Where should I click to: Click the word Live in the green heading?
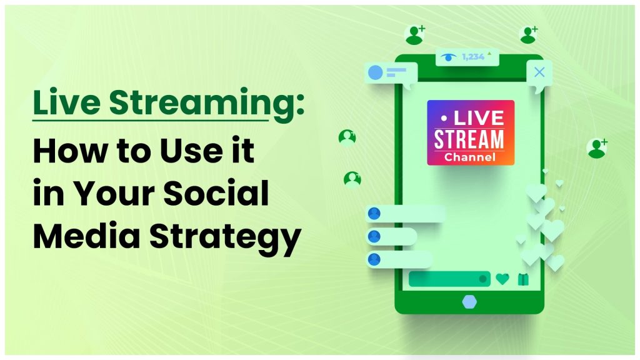pos(65,104)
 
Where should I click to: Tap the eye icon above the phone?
pos(447,57)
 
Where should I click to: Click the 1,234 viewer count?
pos(472,57)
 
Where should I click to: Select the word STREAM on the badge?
pos(470,139)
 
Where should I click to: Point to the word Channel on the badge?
pos(470,157)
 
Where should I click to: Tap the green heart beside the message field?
pos(502,279)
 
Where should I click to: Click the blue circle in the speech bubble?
pos(375,72)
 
